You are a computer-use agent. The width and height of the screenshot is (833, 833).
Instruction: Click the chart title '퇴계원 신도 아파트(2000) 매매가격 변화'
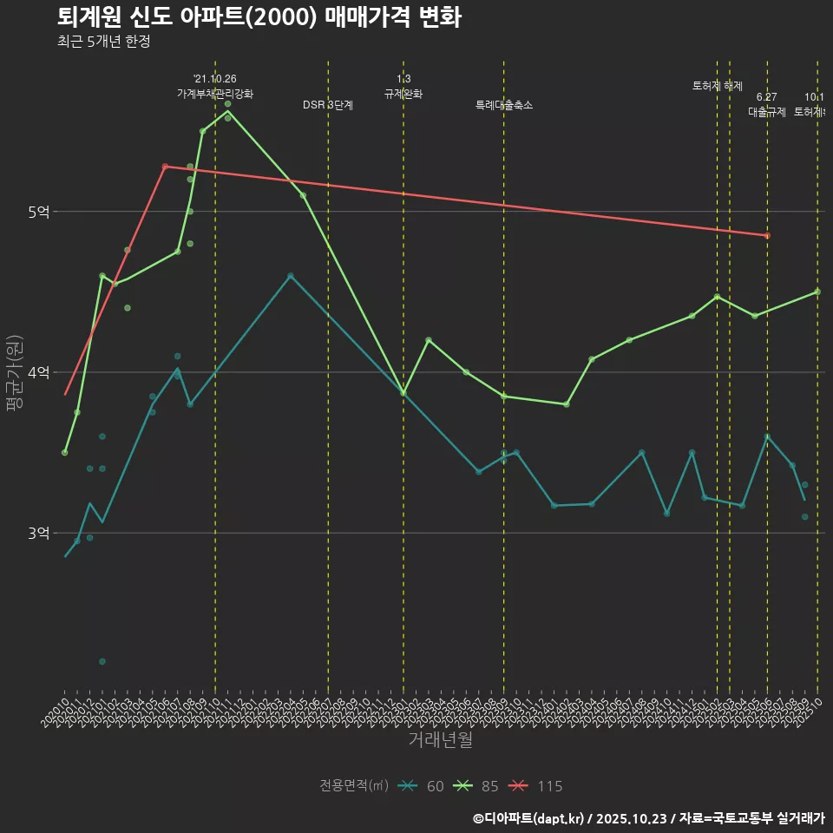(x=259, y=17)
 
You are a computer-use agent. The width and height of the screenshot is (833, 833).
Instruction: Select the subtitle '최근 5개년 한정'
(x=103, y=42)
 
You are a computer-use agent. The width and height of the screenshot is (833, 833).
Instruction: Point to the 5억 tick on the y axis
(x=39, y=212)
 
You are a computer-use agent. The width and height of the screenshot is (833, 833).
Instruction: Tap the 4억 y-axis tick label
(x=39, y=372)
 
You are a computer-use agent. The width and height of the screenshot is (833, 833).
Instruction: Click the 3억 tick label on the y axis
(x=39, y=533)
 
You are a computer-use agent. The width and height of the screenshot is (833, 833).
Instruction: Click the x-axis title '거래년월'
(x=441, y=740)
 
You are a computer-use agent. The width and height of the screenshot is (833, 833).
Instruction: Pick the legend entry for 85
(x=476, y=786)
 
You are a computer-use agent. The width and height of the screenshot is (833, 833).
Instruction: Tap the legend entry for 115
(x=535, y=786)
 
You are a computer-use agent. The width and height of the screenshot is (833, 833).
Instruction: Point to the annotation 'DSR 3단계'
(x=328, y=105)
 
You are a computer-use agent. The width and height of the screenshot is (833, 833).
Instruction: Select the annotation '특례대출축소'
(x=504, y=105)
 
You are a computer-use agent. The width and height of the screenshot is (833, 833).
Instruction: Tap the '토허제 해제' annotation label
(x=718, y=86)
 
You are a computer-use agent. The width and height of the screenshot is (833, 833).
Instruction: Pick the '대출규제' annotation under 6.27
(x=767, y=112)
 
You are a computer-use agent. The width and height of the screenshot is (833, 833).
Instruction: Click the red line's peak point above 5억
(x=165, y=167)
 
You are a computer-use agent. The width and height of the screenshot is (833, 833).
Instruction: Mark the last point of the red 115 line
(x=767, y=235)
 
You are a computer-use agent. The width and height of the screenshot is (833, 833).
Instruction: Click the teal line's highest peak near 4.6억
(x=291, y=276)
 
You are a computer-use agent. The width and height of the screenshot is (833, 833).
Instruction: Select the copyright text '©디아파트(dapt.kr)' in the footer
(x=531, y=818)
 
